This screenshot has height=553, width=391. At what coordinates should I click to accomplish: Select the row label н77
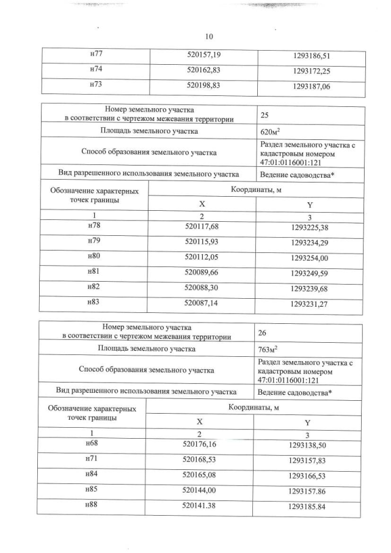pos(95,55)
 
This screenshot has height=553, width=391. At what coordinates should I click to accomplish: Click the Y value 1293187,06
pos(312,87)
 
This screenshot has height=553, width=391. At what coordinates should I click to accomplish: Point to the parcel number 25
pos(265,114)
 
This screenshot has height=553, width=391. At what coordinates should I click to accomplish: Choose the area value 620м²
pos(269,131)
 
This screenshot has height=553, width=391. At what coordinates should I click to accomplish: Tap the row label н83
pos(94,302)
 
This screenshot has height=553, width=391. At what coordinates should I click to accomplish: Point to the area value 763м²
pos(269,350)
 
